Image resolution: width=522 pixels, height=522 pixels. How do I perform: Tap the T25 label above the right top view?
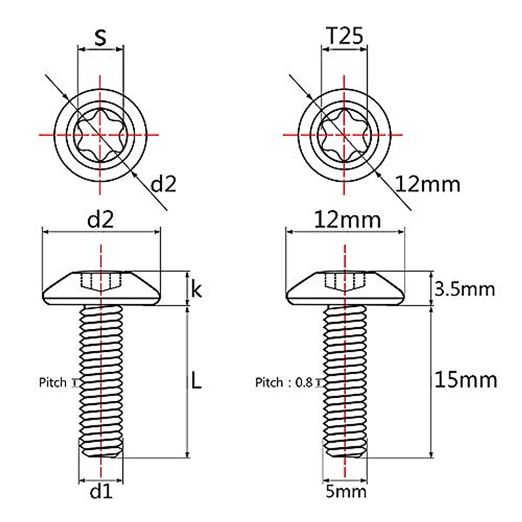point(344,37)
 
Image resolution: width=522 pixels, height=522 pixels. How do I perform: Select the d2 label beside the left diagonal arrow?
point(163,184)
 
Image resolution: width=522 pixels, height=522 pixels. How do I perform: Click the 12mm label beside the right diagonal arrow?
point(428,184)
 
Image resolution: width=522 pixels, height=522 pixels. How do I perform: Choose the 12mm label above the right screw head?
point(347,220)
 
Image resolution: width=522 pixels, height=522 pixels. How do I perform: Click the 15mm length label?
point(465,380)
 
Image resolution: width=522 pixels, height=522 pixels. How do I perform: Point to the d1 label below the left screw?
point(101,492)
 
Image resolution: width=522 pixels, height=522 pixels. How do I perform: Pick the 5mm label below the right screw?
point(346,492)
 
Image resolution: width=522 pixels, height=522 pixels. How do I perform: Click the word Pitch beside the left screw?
point(53,383)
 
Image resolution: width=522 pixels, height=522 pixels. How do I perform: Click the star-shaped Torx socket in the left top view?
point(100,135)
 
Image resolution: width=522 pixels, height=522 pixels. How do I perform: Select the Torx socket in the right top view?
point(344,135)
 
